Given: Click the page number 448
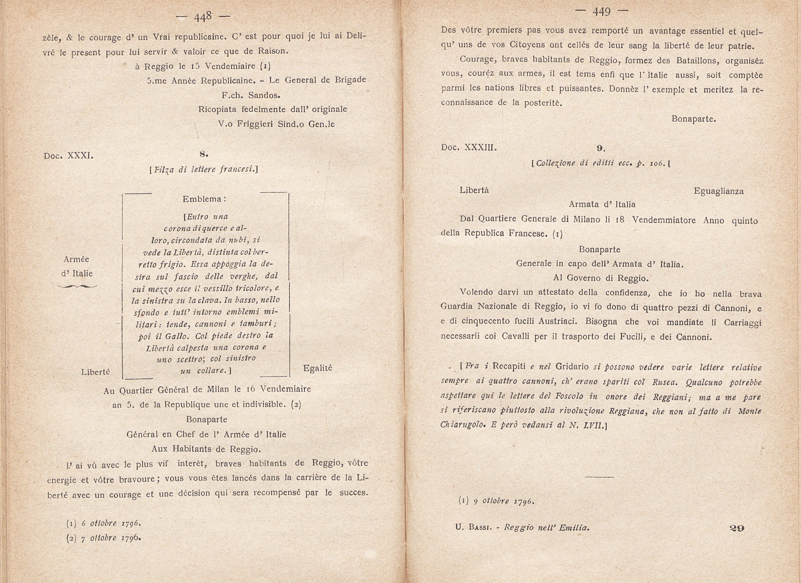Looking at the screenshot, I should pos(203,17).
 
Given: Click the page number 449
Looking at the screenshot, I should pos(601,12).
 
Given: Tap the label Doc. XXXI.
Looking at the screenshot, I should pos(68,156).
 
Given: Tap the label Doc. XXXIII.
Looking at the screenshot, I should pos(469,147).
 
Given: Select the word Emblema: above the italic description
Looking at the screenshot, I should pos(205,199).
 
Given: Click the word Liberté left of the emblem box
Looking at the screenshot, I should pos(95,372).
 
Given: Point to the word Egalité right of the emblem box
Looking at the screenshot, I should pos(318,368).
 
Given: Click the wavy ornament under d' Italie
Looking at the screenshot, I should pos(77,286).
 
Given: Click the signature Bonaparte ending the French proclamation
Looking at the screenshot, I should pos(694,119).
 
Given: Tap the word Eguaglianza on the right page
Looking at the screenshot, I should pos(718,191).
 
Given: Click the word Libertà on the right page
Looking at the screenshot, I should pos(474,191).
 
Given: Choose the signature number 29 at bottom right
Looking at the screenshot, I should pos(737,528).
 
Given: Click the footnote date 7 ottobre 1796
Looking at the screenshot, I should pos(111,538).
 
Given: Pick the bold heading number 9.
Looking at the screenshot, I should pos(600,148).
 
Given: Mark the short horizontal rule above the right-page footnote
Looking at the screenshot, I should pos(599,477).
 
